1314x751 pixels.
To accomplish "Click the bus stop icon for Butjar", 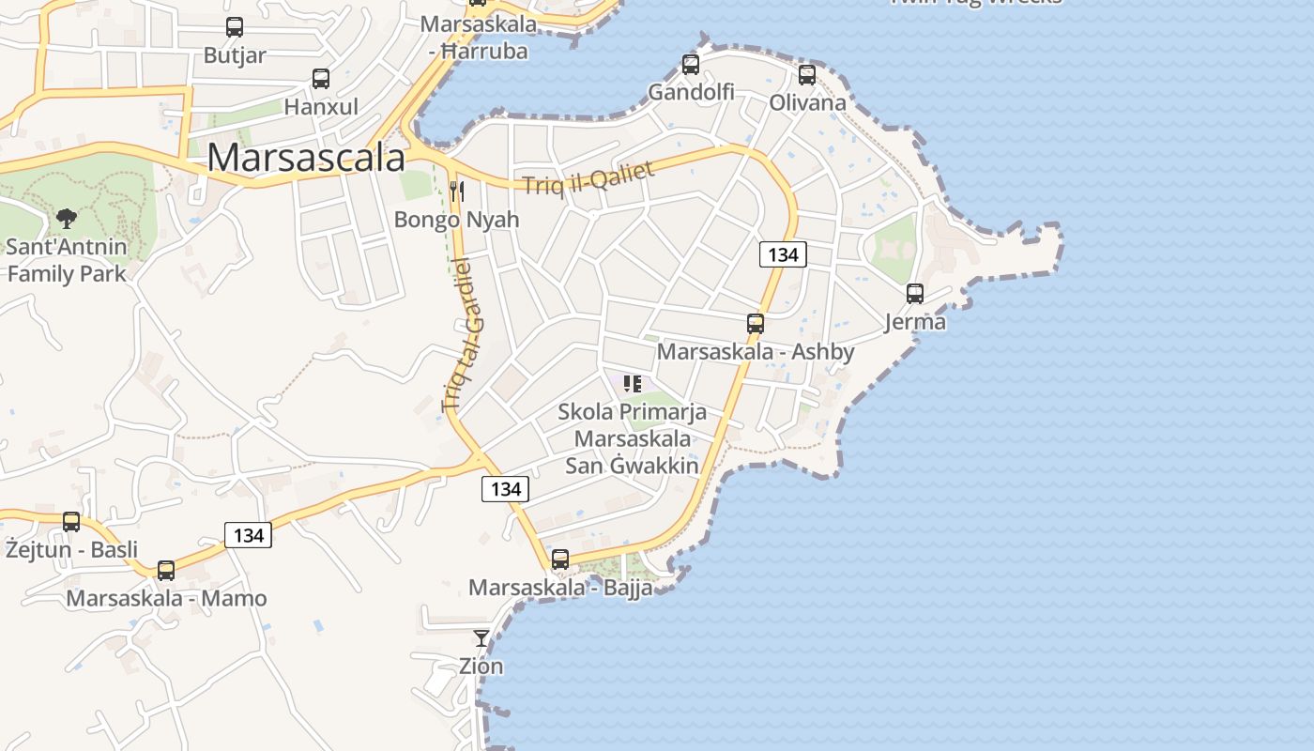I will (x=235, y=27).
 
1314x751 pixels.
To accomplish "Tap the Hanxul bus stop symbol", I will (x=321, y=79).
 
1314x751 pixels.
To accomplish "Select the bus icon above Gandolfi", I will (x=691, y=65).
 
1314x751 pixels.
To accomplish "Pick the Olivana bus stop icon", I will (x=807, y=75).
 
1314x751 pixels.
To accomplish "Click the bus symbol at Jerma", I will (x=915, y=294).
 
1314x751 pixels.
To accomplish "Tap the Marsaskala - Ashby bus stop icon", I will (x=756, y=324).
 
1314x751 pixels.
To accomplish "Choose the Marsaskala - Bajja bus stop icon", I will (x=560, y=559).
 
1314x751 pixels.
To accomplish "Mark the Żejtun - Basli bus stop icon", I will (x=71, y=522).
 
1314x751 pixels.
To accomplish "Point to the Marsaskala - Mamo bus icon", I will (x=166, y=570).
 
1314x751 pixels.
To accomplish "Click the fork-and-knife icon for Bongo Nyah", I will (x=457, y=192).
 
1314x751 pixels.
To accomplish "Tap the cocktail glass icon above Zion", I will (x=481, y=638).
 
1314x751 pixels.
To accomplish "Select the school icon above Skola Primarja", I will (x=633, y=383).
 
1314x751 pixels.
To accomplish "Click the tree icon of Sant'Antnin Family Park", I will (x=67, y=219).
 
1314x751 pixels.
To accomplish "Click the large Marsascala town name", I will (x=306, y=157).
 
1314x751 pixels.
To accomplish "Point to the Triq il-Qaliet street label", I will (x=588, y=175).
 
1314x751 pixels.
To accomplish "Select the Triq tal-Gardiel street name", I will (x=465, y=333).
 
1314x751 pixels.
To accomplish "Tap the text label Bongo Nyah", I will (x=457, y=220).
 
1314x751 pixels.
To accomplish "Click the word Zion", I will (x=481, y=667).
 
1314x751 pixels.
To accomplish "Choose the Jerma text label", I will (x=915, y=322).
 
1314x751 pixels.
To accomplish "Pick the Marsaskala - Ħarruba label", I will (x=479, y=38).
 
